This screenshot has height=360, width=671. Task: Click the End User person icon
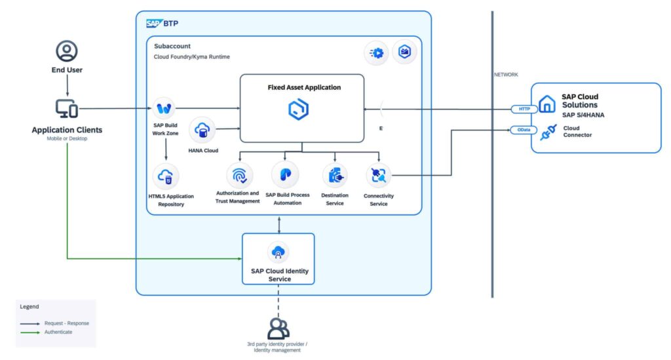click(67, 50)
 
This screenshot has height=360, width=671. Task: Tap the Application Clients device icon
click(67, 108)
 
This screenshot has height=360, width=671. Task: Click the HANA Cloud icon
click(202, 130)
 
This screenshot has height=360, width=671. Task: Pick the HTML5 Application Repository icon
click(166, 176)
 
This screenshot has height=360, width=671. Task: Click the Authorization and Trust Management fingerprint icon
click(238, 175)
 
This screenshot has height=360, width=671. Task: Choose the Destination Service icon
click(335, 175)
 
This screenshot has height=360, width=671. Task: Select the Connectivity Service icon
click(379, 175)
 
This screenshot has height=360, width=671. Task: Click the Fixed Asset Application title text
click(304, 87)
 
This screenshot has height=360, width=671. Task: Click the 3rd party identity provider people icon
click(278, 327)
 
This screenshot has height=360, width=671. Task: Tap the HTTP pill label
click(524, 109)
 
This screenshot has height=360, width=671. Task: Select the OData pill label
click(524, 130)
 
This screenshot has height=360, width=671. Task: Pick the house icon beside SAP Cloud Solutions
click(546, 104)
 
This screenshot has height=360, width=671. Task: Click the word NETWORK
click(505, 75)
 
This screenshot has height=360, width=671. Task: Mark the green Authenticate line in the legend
click(29, 332)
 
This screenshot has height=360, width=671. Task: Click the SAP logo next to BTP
click(153, 24)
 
